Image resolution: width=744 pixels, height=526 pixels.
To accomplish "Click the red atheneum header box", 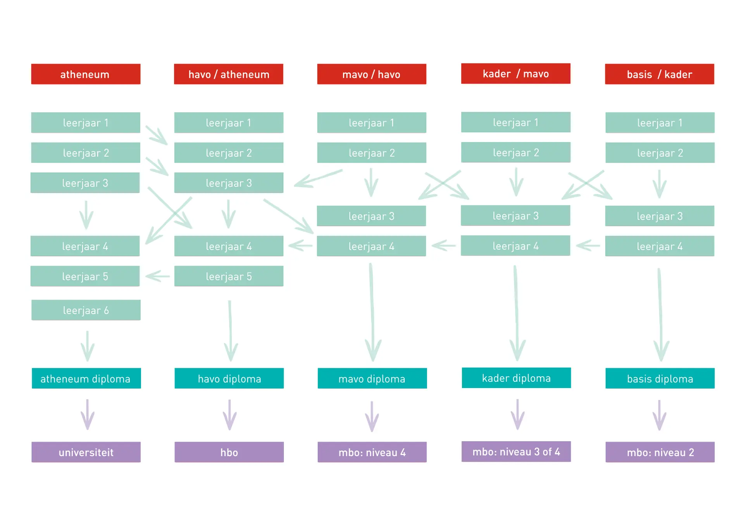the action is [x=86, y=74].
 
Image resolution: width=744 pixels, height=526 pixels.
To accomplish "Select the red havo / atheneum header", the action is [x=229, y=74].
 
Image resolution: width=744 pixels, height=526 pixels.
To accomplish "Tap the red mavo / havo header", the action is [x=372, y=74].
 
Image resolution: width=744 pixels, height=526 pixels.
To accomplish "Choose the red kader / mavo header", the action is [x=516, y=74].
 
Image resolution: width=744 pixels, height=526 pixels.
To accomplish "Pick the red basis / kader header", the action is [x=660, y=74].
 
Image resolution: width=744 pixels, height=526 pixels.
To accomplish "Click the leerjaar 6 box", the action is [x=86, y=310].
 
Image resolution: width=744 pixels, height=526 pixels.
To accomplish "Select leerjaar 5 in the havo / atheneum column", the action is [x=229, y=276].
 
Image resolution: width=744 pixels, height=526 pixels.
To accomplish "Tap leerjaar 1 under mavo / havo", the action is [x=372, y=122].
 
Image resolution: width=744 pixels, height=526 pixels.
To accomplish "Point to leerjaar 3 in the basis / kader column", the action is [x=660, y=216].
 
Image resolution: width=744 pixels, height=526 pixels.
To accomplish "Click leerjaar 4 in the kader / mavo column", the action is [x=515, y=246].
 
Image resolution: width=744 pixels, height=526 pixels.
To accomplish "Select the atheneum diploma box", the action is [x=86, y=378].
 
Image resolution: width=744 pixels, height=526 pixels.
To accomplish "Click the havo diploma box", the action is [x=229, y=378].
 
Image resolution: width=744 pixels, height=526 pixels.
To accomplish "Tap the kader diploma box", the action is [x=516, y=378].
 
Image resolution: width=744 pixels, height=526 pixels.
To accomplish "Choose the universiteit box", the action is [x=86, y=452].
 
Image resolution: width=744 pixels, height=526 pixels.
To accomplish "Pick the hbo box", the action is [x=229, y=452].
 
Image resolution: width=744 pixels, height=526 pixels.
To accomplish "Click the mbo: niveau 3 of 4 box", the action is [x=516, y=452].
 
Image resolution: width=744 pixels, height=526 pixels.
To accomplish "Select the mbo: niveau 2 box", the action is [x=660, y=452].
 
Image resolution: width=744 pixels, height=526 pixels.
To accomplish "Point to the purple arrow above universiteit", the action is [x=88, y=414].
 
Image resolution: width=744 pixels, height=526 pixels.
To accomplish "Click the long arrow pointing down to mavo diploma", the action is [x=372, y=312].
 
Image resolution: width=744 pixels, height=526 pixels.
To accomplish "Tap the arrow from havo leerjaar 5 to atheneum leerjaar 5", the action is [x=158, y=276].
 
